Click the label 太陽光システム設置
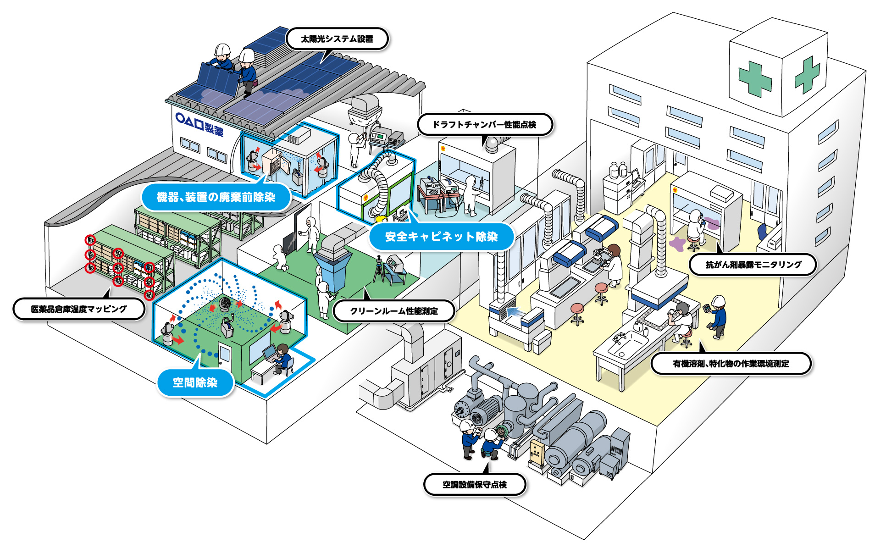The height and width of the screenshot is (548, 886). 337,39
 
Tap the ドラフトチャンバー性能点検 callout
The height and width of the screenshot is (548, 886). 484,125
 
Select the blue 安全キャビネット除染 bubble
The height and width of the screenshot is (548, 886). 441,237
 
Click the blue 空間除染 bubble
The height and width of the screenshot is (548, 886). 195,382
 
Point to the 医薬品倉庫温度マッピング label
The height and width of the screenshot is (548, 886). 78,309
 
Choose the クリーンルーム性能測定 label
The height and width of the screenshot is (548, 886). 394,311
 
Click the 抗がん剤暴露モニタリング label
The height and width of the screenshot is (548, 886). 753,265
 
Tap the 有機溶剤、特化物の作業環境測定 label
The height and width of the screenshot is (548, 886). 731,364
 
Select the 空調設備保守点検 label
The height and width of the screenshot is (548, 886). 474,485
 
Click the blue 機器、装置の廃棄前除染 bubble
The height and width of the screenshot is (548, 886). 216,197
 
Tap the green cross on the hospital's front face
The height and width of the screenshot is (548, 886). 755,79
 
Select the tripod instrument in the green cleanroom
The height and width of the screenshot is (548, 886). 379,271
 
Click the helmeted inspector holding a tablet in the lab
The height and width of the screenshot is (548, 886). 717,316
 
